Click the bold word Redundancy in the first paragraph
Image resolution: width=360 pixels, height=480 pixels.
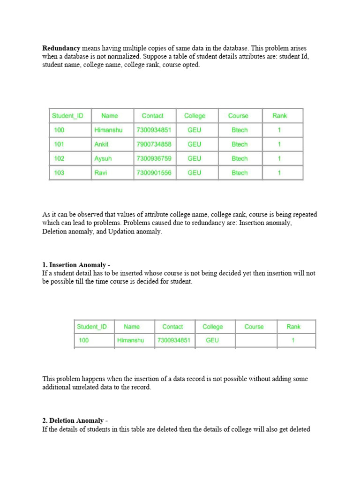pos(61,48)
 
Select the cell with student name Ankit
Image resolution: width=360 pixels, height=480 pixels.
pos(101,144)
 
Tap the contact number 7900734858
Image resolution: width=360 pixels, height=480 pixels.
pos(154,144)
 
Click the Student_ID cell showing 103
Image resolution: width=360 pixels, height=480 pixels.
pos(59,173)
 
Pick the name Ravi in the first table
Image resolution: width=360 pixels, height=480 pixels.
pos(100,173)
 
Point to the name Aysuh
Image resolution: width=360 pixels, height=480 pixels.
pos(103,159)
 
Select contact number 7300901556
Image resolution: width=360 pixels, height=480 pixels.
pos(154,173)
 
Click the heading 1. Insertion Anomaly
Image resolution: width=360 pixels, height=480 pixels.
pos(76,265)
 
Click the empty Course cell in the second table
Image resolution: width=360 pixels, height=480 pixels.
pos(254,341)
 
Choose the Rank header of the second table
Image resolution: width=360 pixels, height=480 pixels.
pos(293,327)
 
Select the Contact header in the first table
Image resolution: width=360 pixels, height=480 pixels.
pos(153,116)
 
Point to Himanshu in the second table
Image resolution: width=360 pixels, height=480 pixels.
pos(131,341)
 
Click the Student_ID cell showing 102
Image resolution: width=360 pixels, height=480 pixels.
pos(59,159)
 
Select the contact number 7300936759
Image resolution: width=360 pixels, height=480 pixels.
pos(154,159)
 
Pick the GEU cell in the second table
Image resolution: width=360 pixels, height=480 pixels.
pos(212,341)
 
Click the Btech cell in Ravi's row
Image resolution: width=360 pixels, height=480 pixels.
pos(240,173)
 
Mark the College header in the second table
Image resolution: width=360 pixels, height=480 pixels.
pos(212,327)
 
